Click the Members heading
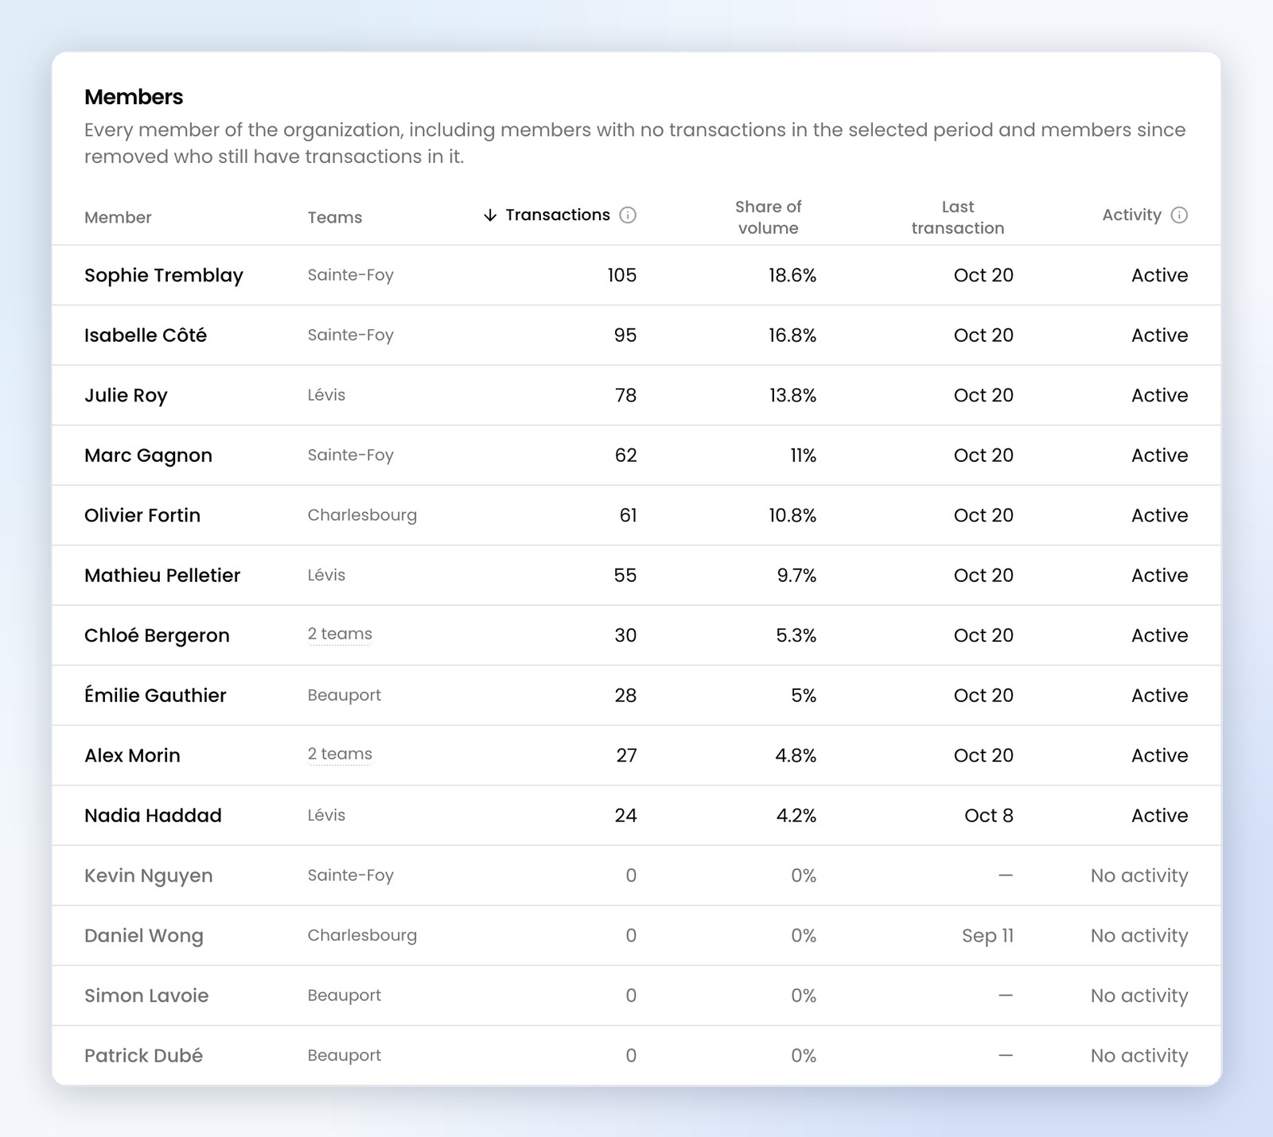(134, 97)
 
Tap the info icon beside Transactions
(628, 215)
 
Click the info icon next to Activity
(1180, 215)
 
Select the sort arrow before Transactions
(490, 215)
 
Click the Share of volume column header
(768, 217)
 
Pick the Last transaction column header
(958, 217)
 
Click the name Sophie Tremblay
(164, 275)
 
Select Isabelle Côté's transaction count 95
(625, 336)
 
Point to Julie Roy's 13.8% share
(792, 395)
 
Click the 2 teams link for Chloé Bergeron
(340, 634)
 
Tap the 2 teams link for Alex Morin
(340, 754)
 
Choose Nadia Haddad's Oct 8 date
(989, 816)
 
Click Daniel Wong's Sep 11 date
(988, 936)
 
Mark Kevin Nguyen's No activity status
(1139, 875)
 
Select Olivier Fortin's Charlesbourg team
(362, 515)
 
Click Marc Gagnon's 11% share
(803, 456)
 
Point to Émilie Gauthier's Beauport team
(345, 695)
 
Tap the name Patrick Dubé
(143, 1056)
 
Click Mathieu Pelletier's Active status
(1160, 576)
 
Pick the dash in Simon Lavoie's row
(1006, 995)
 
